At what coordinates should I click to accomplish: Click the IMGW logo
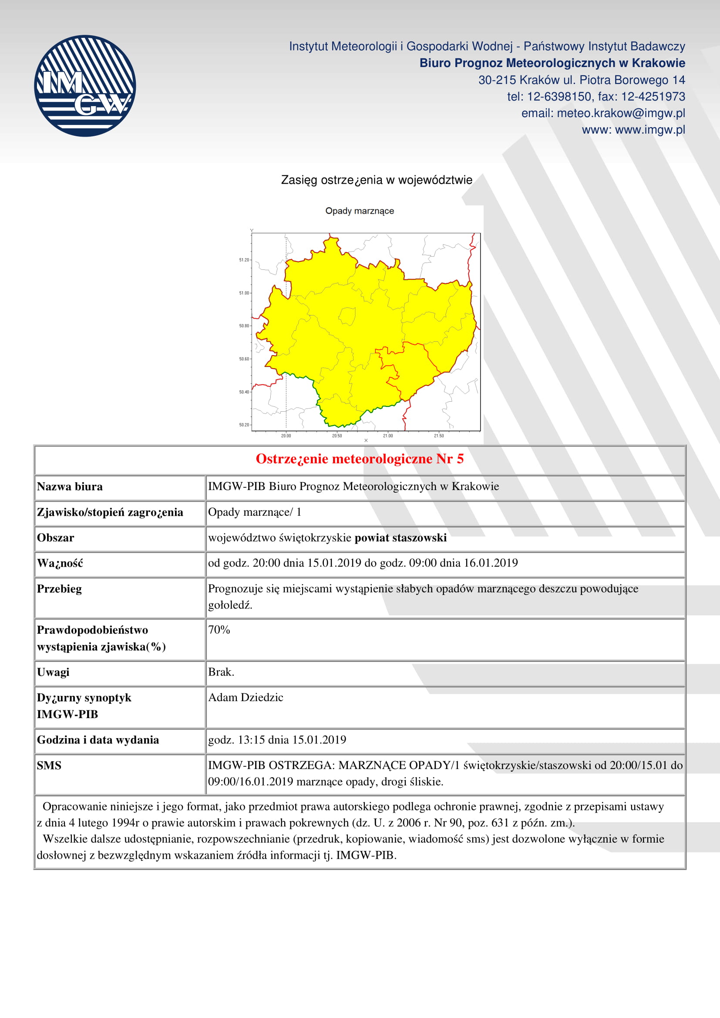[x=85, y=86]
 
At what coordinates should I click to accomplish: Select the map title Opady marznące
[x=360, y=211]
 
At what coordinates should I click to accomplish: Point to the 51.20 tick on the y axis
[x=244, y=260]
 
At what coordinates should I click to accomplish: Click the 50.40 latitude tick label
[x=244, y=392]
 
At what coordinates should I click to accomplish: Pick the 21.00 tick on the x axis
[x=388, y=436]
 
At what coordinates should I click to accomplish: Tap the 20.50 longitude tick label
[x=337, y=436]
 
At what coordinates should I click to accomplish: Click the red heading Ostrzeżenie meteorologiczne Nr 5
[x=360, y=459]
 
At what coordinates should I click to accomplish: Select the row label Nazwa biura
[x=70, y=487]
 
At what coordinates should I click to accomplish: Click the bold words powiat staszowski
[x=400, y=538]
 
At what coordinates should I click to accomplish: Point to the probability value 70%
[x=219, y=630]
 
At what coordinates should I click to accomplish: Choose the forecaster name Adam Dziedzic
[x=246, y=697]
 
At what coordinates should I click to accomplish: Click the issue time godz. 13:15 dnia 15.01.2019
[x=277, y=739]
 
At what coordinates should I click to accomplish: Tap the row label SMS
[x=49, y=765]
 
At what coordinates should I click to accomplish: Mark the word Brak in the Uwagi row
[x=220, y=672]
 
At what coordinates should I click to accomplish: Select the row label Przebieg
[x=59, y=589]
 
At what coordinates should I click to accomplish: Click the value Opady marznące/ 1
[x=255, y=512]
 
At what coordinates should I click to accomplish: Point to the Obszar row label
[x=55, y=538]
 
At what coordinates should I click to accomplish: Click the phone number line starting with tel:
[x=596, y=97]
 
